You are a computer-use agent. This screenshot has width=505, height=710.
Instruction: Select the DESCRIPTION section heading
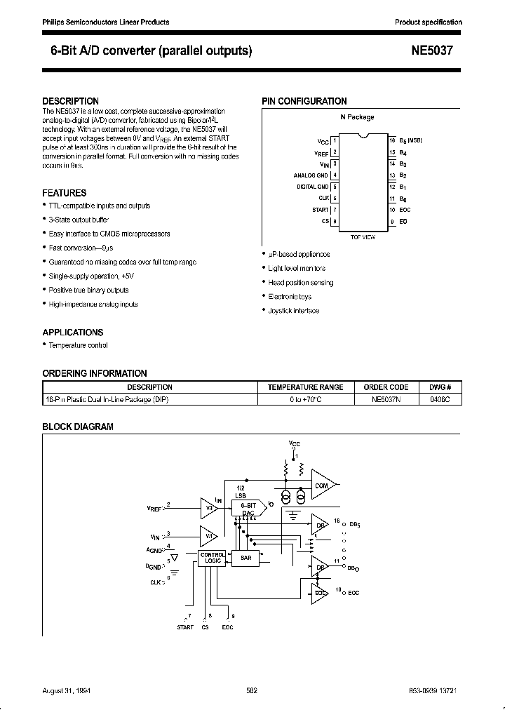pyautogui.click(x=70, y=101)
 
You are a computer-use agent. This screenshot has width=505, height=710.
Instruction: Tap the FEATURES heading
pyautogui.click(x=65, y=192)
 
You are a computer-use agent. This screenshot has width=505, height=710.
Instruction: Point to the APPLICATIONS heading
pyautogui.click(x=73, y=333)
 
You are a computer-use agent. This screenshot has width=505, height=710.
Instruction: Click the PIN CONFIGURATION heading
pyautogui.click(x=304, y=101)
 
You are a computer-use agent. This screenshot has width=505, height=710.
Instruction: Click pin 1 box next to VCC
pyautogui.click(x=335, y=140)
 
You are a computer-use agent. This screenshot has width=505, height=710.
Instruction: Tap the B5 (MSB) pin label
pyautogui.click(x=410, y=140)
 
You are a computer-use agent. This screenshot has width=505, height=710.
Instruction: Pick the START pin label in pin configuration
pyautogui.click(x=320, y=210)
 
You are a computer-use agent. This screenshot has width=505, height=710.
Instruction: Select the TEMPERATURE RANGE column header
pyautogui.click(x=306, y=387)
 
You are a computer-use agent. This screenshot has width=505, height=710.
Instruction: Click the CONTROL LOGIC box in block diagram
pyautogui.click(x=212, y=558)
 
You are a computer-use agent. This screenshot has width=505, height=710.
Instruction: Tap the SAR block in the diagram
pyautogui.click(x=245, y=558)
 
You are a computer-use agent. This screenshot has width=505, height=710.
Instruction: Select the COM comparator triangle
pyautogui.click(x=322, y=485)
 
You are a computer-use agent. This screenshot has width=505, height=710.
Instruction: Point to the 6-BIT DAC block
pyautogui.click(x=248, y=509)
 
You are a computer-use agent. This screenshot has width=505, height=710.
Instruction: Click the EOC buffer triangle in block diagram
pyautogui.click(x=320, y=593)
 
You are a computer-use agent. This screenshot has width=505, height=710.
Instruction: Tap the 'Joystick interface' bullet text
pyautogui.click(x=293, y=310)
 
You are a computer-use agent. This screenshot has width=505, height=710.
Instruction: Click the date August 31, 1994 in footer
pyautogui.click(x=72, y=690)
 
